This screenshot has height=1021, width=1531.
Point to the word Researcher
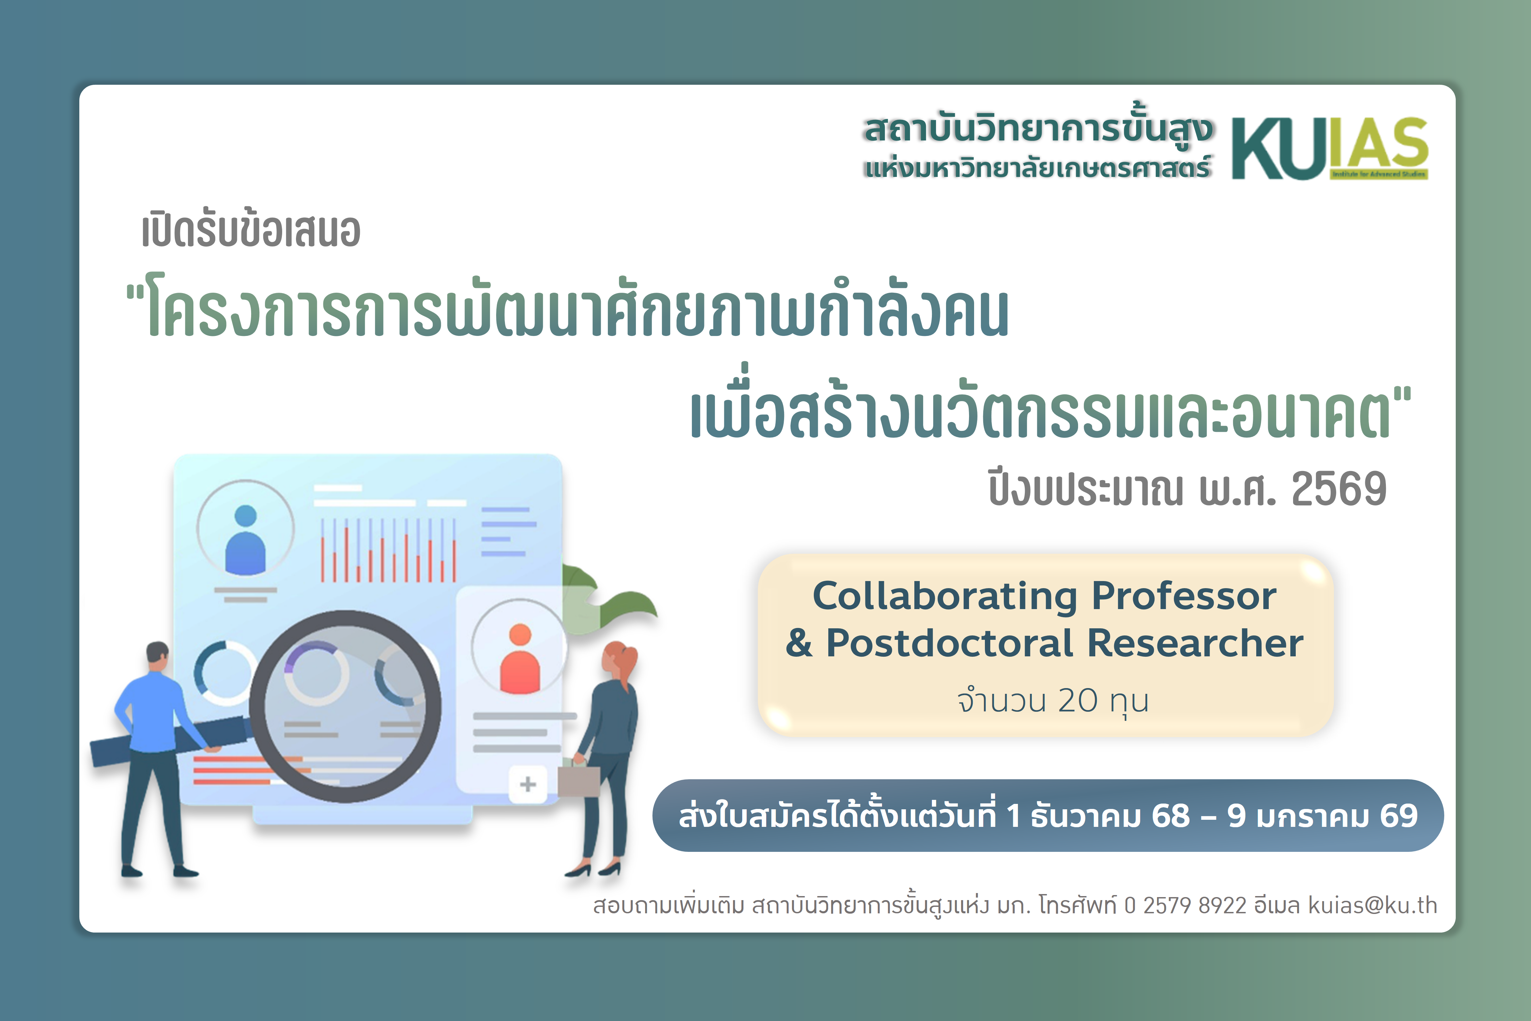1195,643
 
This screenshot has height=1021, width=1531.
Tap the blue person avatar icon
245,541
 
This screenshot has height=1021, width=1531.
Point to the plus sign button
528,784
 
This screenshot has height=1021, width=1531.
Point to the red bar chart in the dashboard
388,550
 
